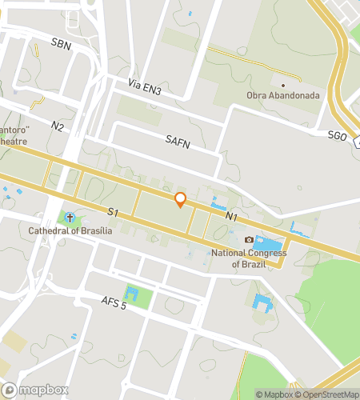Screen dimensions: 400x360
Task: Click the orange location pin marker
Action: (181, 199)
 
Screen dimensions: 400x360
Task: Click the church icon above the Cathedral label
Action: (70, 218)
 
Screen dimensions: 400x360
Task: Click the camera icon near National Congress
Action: (249, 240)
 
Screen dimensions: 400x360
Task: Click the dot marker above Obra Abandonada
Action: (283, 83)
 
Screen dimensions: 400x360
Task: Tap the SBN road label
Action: (60, 45)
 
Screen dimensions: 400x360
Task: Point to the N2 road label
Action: (58, 126)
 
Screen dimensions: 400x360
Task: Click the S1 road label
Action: (113, 212)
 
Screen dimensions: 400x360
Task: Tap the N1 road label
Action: (232, 216)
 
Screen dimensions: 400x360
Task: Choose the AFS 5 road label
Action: (114, 302)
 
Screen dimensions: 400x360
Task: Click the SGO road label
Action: (337, 137)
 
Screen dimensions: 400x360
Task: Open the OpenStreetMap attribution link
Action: (327, 394)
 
